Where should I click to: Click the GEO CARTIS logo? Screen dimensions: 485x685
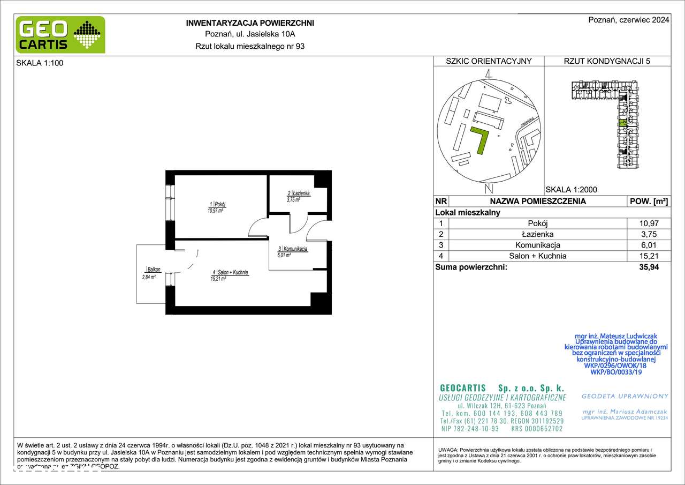coord(60,35)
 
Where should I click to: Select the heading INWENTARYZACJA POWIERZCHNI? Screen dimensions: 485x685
coord(249,23)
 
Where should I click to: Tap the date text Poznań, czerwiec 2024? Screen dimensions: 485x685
coord(628,20)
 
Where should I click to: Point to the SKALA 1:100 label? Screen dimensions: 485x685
coord(36,62)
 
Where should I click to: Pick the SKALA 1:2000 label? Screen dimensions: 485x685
coord(571,189)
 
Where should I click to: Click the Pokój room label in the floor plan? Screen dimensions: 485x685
coord(217,205)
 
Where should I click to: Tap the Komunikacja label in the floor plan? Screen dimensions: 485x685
coord(292,250)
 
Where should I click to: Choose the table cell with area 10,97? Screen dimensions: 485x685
coord(648,223)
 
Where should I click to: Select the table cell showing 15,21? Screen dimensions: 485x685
coord(648,256)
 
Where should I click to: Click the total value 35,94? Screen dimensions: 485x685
coord(648,267)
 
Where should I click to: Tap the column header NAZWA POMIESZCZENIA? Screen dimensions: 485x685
coord(538,202)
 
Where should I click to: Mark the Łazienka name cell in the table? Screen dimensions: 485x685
coord(538,234)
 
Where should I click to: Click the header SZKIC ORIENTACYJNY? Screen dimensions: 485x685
coord(489,61)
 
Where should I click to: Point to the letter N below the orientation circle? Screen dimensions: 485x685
coord(488,188)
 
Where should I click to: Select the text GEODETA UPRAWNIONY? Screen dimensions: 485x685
coord(625,396)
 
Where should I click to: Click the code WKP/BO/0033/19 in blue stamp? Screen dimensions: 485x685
coord(615,372)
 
